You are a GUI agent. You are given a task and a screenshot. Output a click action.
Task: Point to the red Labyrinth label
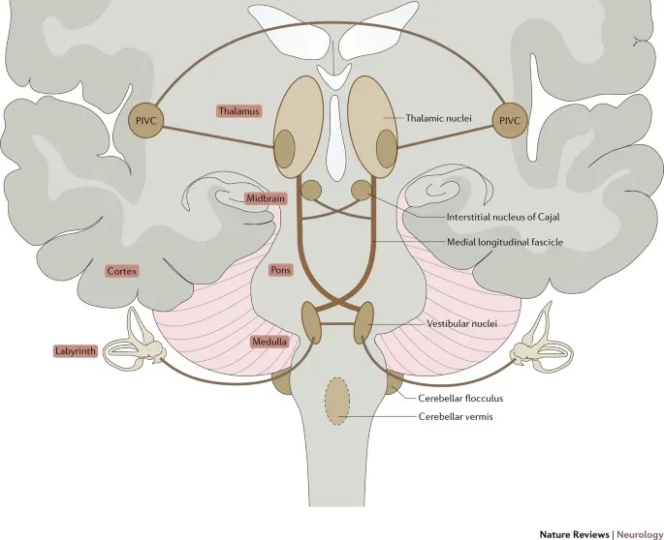(x=74, y=351)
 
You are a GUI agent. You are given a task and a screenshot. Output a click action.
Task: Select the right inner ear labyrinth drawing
(x=534, y=341)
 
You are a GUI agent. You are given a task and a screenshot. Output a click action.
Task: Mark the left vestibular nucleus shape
(x=312, y=321)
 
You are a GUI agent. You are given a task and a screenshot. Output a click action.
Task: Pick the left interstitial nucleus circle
(x=312, y=191)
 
